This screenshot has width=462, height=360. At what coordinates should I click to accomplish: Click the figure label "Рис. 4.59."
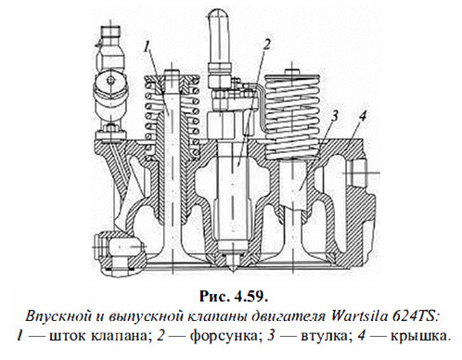pyautogui.click(x=231, y=294)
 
